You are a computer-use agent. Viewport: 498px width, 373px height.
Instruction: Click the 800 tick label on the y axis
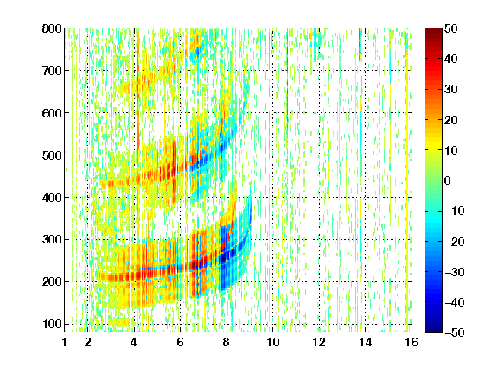point(52,28)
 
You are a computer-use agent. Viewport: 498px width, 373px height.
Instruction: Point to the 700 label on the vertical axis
point(52,71)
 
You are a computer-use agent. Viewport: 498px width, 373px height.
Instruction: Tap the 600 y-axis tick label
point(52,113)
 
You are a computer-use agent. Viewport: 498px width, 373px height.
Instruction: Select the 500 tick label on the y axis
point(52,155)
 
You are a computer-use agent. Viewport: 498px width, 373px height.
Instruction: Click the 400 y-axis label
point(52,198)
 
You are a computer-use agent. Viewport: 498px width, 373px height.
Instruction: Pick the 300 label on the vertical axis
point(52,239)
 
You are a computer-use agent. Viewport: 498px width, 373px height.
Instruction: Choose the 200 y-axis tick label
point(52,281)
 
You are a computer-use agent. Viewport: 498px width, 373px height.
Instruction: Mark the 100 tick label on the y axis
point(52,324)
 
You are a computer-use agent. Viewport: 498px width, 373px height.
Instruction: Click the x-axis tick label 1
point(65,342)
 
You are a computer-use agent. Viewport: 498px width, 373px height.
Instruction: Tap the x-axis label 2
point(88,342)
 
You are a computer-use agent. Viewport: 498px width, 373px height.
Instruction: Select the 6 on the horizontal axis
point(180,342)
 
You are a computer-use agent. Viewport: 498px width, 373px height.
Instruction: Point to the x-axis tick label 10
point(273,342)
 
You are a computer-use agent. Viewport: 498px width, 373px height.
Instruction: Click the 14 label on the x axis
point(366,342)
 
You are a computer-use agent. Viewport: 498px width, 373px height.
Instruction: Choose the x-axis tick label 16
point(412,342)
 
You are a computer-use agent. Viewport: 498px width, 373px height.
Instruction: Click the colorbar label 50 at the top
point(450,28)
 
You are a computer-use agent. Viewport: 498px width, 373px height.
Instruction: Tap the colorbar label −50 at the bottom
point(455,332)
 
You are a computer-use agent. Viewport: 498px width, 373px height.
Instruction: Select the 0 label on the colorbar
point(447,180)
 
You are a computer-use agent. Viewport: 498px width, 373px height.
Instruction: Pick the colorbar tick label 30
point(450,90)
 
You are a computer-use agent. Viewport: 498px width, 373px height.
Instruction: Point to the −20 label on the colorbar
point(455,242)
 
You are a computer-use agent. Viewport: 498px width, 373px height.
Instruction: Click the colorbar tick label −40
point(455,302)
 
